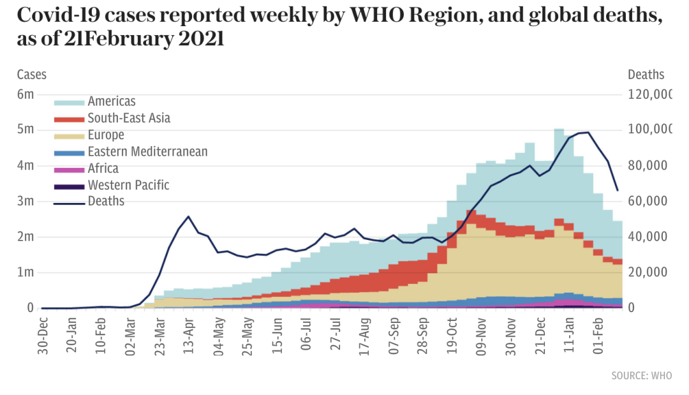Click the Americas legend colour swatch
tap(69, 102)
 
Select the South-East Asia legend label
tap(129, 118)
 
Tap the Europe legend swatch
tap(69, 136)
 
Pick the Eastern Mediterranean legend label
tap(147, 152)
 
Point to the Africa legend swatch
tap(69, 170)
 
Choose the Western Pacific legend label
tap(128, 186)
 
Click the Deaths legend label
tap(106, 202)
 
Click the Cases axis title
tap(31, 75)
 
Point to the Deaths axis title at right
tap(646, 75)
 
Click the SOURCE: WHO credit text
tap(641, 376)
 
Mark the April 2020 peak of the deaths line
tap(188, 217)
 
